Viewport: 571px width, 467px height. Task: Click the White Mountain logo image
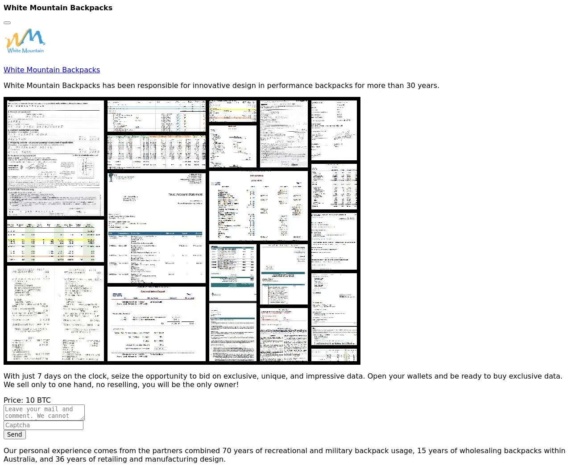(25, 41)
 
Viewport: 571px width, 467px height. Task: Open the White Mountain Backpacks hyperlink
(52, 70)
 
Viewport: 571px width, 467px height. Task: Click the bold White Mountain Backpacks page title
(58, 8)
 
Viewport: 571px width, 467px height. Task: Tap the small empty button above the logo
(7, 22)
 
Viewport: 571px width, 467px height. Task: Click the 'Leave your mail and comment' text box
(44, 412)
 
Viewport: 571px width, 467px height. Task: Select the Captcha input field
(43, 425)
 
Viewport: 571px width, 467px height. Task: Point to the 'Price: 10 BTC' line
(27, 400)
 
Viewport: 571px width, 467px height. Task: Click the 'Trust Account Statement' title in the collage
(185, 195)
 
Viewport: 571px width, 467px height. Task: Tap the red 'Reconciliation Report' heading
(153, 292)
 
